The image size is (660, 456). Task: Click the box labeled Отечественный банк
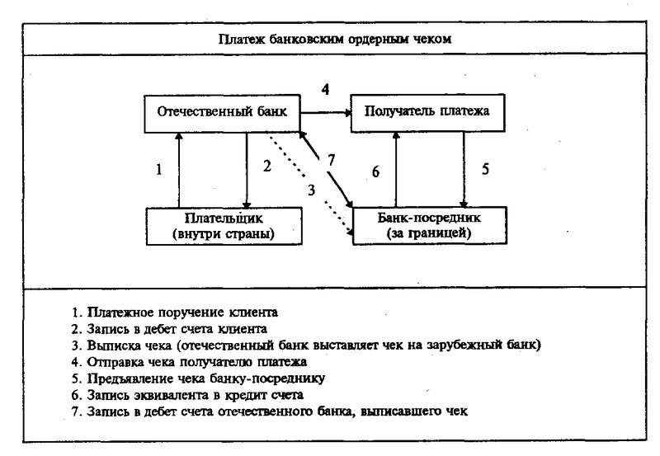222,114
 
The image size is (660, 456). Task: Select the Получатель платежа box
427,113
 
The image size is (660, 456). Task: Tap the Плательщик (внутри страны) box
224,226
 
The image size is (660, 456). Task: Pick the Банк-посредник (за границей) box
429,225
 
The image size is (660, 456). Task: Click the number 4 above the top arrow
325,89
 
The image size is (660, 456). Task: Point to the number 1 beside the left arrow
158,170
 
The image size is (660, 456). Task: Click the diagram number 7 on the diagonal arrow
332,160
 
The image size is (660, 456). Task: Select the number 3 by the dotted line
311,190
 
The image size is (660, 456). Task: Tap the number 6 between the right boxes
375,172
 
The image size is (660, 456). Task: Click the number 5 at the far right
485,169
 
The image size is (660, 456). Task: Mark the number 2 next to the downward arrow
266,167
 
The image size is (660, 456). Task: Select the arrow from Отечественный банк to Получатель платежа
325,113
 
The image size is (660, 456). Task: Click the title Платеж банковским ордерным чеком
335,39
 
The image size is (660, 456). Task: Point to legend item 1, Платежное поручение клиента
174,313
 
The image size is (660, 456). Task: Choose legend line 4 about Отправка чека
189,362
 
